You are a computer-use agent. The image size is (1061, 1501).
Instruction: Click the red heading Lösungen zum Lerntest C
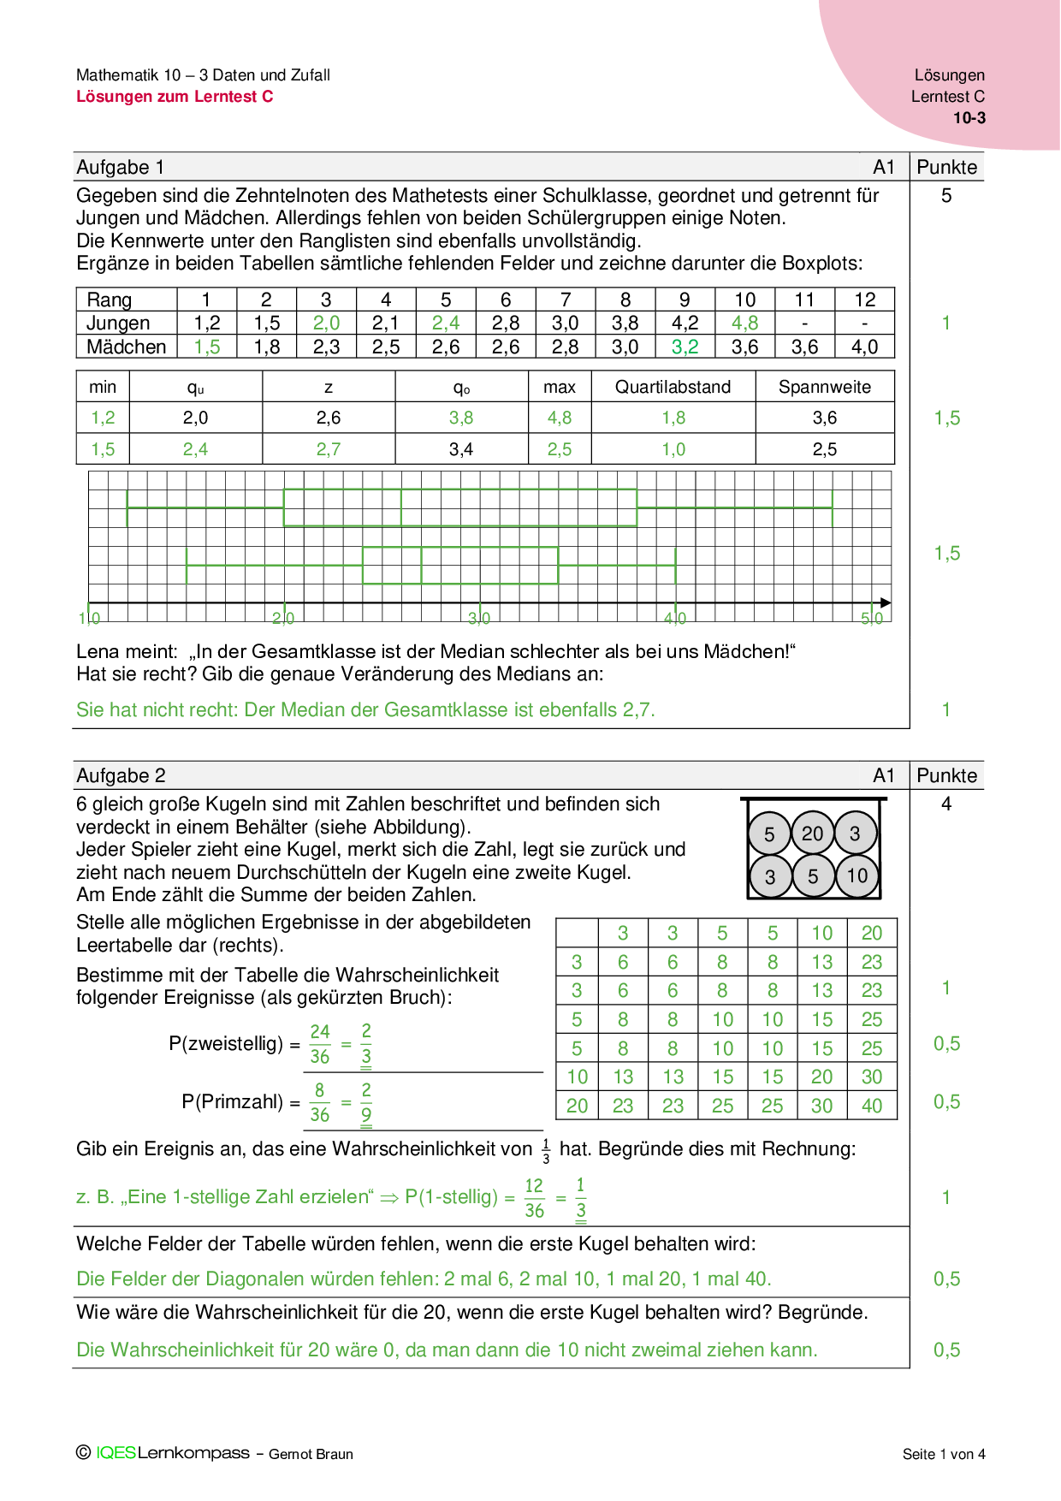click(x=175, y=97)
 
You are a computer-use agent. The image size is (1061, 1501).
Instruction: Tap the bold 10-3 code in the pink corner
click(x=969, y=118)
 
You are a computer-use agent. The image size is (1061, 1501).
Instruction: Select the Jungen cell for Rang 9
click(x=685, y=323)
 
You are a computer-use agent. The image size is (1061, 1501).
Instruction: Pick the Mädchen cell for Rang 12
click(x=864, y=347)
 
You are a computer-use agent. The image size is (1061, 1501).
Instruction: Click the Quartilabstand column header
click(x=673, y=387)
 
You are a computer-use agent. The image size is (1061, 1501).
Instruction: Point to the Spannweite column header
click(x=824, y=387)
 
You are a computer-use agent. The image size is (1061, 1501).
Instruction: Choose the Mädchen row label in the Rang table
click(x=126, y=347)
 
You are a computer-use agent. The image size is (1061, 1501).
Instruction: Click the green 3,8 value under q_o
click(x=461, y=418)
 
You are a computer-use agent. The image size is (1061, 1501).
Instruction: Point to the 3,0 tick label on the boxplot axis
click(x=479, y=618)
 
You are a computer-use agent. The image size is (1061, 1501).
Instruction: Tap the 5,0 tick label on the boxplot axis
click(x=871, y=618)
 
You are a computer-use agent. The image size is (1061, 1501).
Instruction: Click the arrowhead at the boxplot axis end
click(x=886, y=602)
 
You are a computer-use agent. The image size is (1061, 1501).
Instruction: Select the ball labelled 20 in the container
click(x=812, y=834)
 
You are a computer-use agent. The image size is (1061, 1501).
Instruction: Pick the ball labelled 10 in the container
click(x=857, y=875)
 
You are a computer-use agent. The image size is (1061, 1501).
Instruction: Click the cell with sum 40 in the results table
click(x=871, y=1106)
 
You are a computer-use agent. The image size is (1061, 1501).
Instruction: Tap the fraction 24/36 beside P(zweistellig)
click(x=320, y=1044)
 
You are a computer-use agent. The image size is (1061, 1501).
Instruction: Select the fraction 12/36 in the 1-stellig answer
click(x=534, y=1198)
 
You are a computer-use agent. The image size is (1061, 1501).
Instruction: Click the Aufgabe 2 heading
click(x=121, y=775)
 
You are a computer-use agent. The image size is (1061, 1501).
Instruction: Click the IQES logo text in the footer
click(x=116, y=1453)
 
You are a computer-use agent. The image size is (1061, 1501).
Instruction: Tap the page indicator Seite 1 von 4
click(x=943, y=1454)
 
